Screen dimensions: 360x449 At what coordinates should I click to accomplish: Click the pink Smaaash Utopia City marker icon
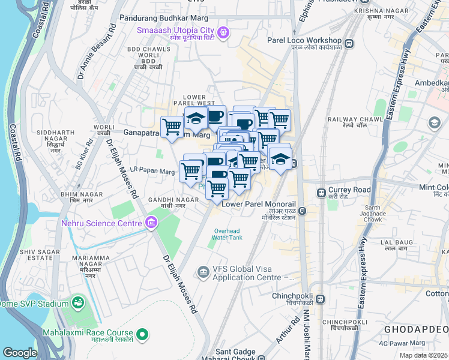point(224,32)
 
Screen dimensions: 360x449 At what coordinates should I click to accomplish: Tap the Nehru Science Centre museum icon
point(151,224)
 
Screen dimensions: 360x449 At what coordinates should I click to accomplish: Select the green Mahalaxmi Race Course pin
point(142,334)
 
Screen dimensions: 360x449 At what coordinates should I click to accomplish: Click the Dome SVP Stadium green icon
point(77,302)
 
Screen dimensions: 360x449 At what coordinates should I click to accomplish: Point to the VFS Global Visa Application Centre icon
point(204,273)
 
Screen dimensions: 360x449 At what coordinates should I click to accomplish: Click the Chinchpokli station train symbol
point(321,298)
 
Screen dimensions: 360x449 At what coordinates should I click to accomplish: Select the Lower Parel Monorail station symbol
point(303,211)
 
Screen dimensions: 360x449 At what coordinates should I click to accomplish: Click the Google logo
point(20,352)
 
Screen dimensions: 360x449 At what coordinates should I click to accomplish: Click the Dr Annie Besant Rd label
point(96,54)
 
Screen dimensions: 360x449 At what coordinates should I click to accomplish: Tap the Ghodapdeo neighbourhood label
point(415,329)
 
